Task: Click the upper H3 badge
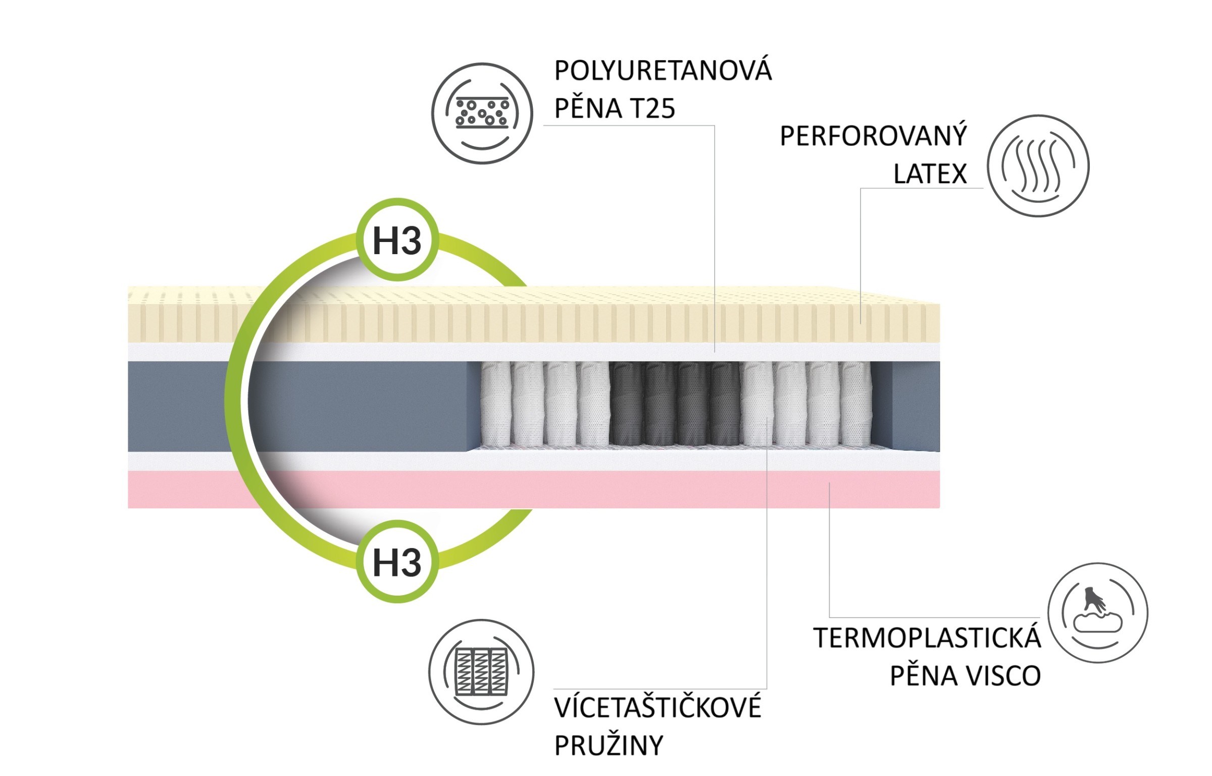397,240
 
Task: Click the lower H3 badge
397,561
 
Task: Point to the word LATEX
930,174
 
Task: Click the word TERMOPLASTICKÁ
927,638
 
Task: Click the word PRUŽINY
609,745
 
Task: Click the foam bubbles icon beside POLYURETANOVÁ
482,113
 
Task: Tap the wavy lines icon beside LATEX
1038,166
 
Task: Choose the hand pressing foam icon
1097,612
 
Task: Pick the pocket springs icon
481,672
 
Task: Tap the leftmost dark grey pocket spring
626,404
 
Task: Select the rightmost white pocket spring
855,404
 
